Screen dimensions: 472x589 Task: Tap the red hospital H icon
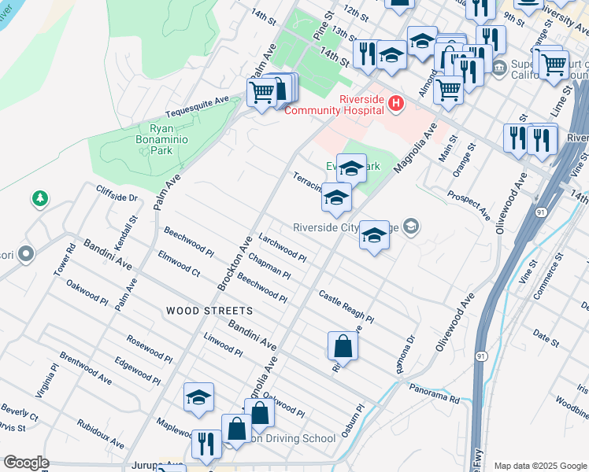click(x=396, y=103)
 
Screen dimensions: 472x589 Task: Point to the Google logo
click(x=26, y=463)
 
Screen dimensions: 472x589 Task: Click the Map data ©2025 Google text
click(x=540, y=466)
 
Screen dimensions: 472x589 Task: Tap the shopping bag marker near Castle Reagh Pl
click(x=343, y=345)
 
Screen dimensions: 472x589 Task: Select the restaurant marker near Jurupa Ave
click(x=205, y=443)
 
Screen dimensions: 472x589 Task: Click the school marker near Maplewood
click(x=199, y=398)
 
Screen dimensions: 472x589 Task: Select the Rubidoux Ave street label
click(x=100, y=434)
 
